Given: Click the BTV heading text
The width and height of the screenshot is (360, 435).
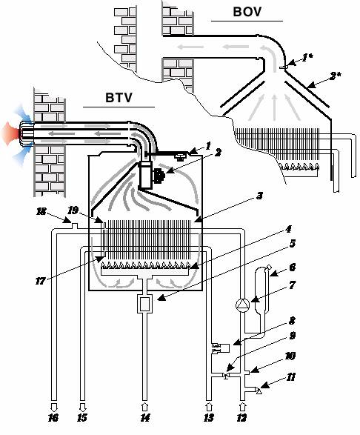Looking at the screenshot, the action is pos(119,98).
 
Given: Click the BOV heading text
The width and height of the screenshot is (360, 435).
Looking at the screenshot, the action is pos(247,12).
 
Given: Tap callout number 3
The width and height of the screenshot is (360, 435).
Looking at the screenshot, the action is pos(259,196).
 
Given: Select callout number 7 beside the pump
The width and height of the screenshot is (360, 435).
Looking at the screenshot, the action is pos(292,285).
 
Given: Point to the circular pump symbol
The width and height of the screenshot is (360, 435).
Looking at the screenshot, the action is pos(242,305).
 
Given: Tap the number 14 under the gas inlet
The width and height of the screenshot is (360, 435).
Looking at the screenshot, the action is pos(144,417).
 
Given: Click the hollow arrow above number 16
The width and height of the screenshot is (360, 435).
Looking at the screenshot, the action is pos(54,407).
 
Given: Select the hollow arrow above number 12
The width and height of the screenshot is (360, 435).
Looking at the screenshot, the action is pos(242,407).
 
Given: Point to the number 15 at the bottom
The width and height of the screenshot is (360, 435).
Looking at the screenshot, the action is pos(82,417).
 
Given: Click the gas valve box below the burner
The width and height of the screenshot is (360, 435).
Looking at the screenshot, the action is pos(144,304).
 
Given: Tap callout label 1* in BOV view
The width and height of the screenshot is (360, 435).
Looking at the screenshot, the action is pos(307,58).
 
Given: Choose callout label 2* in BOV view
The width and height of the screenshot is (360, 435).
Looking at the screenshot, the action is pos(335,76).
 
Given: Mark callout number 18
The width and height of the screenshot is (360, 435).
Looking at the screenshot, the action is pos(41,211).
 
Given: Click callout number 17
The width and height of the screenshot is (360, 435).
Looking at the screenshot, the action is pos(40,281).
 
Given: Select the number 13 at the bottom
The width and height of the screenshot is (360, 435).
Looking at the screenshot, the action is pos(209,417).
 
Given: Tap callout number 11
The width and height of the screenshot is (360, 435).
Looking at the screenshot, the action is pos(290,377).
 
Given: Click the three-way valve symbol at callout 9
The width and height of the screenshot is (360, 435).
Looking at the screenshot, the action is pos(226,376).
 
